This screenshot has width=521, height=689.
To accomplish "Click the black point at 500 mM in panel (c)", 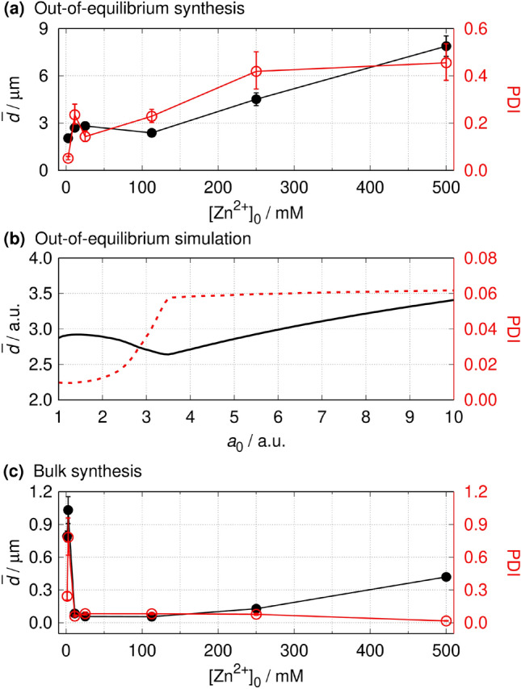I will (x=446, y=577).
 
